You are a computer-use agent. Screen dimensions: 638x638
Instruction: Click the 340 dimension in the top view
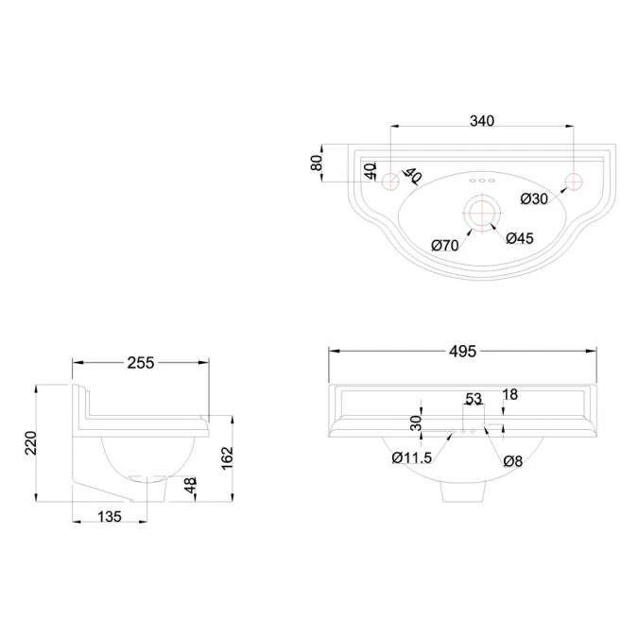(x=482, y=121)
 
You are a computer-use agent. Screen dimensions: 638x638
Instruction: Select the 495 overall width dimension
(x=462, y=352)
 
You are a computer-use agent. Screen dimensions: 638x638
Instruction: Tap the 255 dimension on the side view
(x=141, y=363)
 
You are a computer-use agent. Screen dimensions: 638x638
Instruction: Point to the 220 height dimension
(x=31, y=442)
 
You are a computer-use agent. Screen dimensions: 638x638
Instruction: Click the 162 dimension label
(x=227, y=457)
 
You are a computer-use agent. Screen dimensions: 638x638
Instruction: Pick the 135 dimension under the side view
(x=110, y=517)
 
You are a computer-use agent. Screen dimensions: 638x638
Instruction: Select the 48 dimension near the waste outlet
(x=190, y=485)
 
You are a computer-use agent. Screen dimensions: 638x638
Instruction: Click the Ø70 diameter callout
(x=445, y=246)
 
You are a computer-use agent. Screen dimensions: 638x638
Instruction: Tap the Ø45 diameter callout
(x=520, y=238)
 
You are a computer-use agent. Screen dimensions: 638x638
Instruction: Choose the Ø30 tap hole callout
(x=534, y=198)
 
